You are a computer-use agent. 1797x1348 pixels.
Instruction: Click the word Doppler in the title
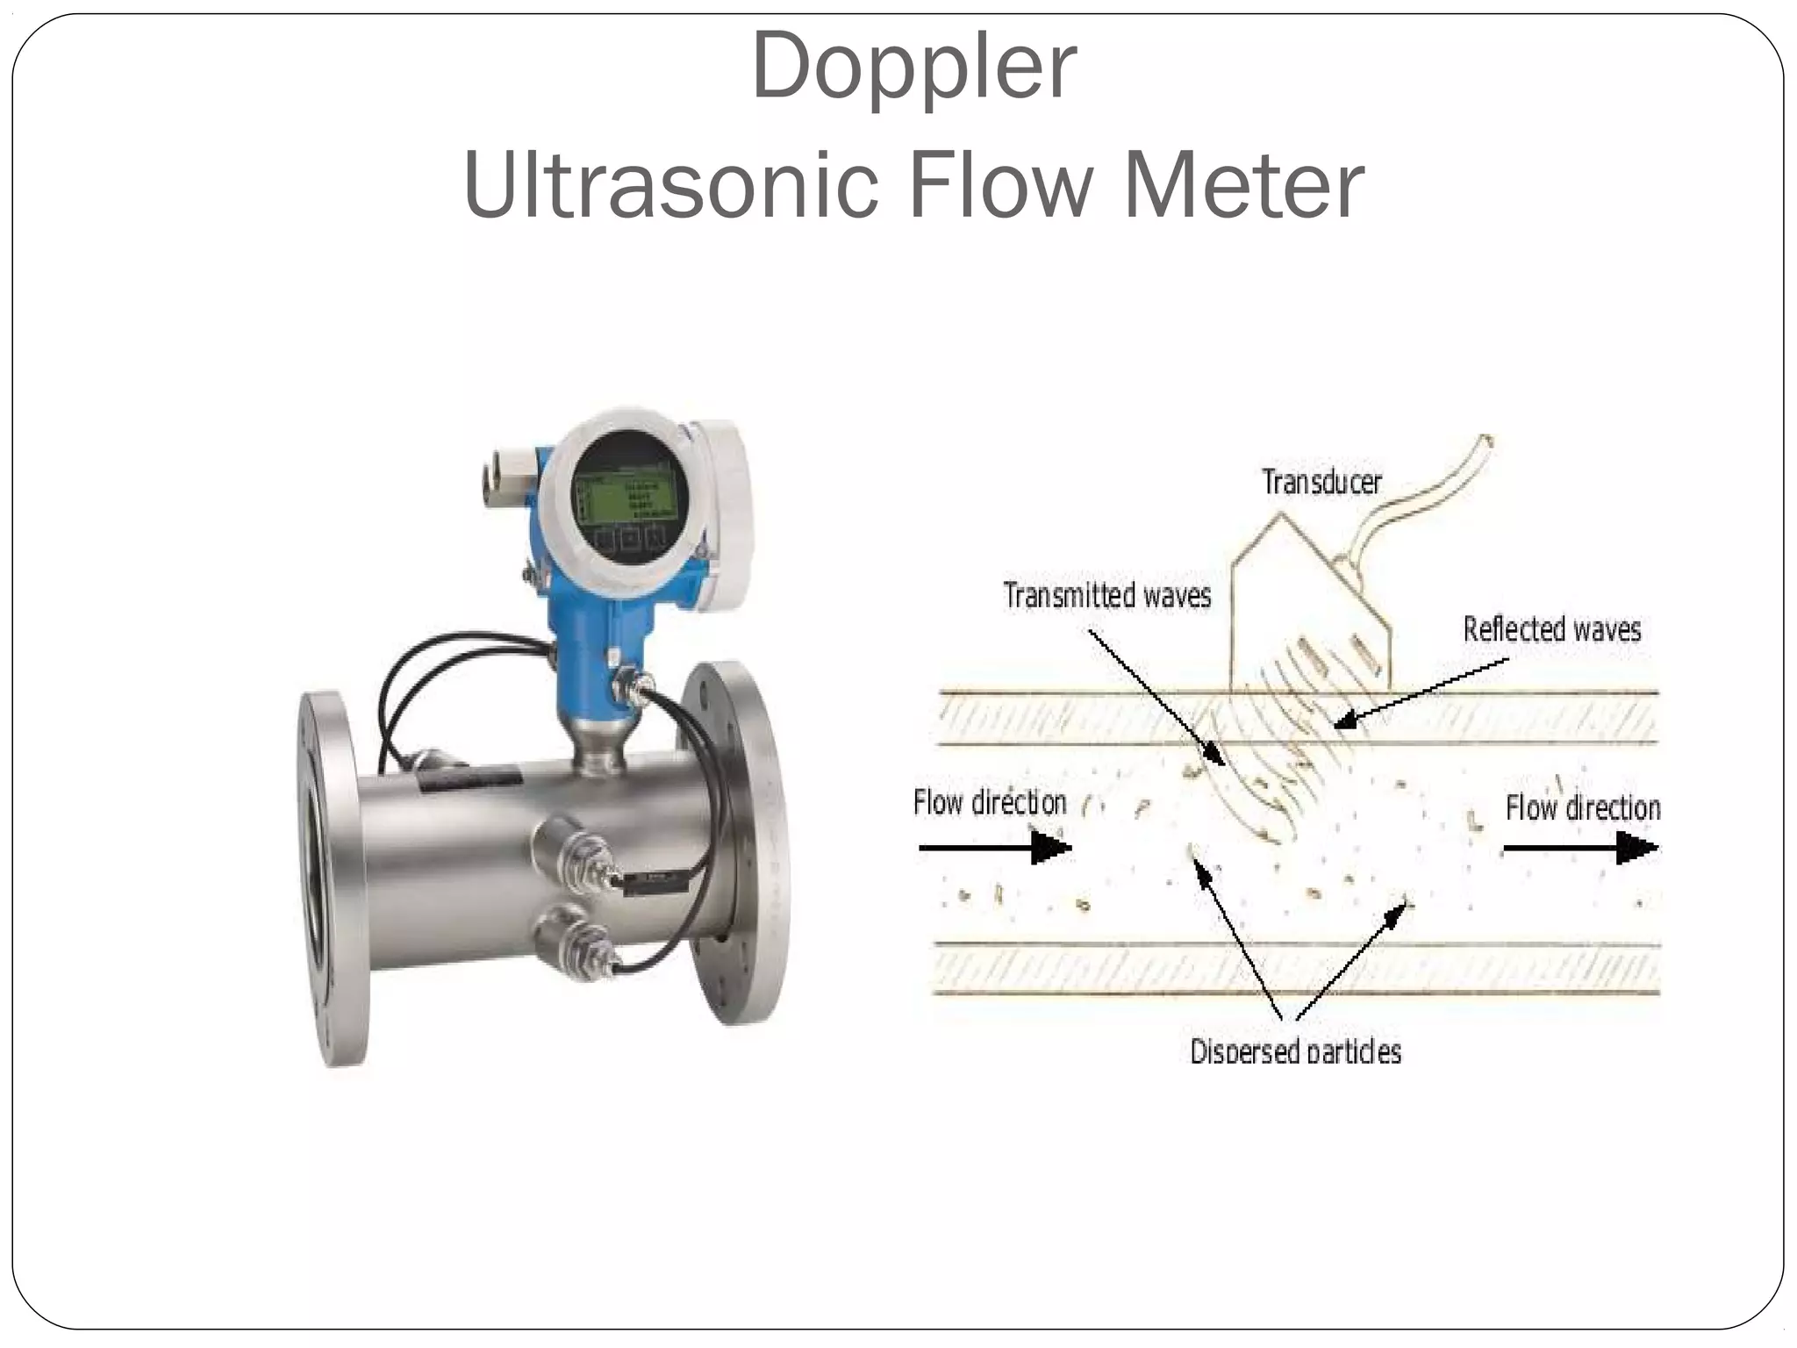point(913,68)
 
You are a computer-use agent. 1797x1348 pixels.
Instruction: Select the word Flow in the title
point(1000,185)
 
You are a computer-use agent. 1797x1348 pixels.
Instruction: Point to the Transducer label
point(1321,482)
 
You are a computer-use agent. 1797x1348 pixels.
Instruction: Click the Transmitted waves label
point(1106,596)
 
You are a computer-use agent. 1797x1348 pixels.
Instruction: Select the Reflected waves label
point(1551,629)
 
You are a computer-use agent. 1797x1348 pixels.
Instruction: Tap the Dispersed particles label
point(1295,1050)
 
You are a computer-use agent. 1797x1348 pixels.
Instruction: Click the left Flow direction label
point(990,802)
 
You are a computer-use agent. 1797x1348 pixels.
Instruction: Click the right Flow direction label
point(1582,807)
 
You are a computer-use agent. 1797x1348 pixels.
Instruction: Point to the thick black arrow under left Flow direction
point(996,848)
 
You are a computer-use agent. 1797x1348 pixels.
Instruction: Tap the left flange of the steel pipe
point(329,878)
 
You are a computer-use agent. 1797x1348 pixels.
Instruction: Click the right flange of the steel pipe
point(737,842)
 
